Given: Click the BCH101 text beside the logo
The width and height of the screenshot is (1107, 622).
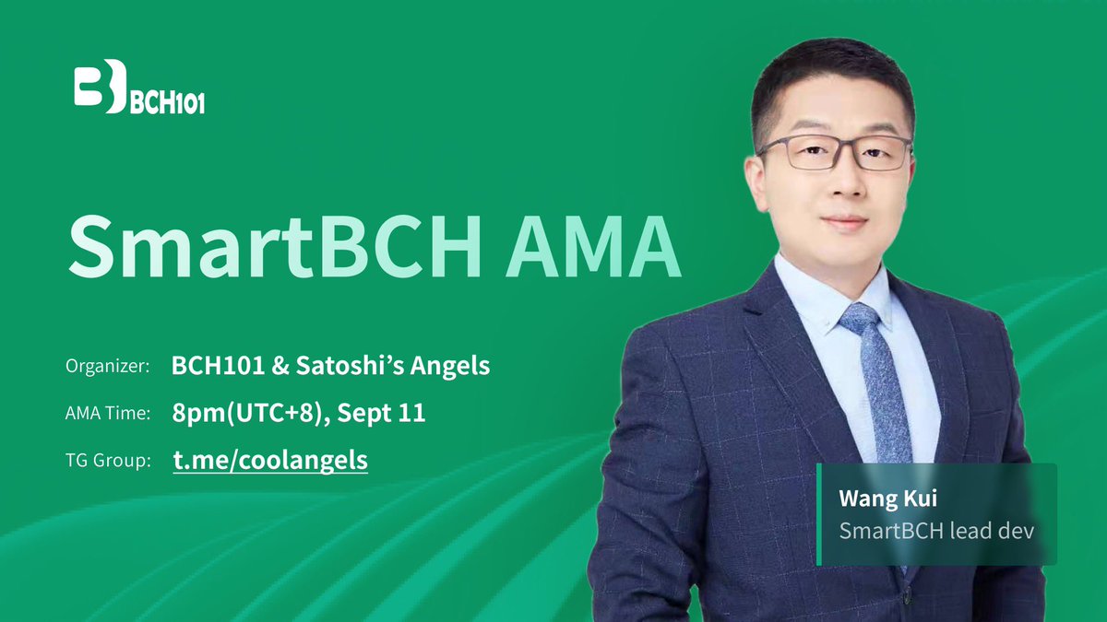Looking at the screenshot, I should [167, 101].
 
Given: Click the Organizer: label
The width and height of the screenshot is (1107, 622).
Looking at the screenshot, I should [108, 367].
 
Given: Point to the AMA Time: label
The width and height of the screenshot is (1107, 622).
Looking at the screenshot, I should [108, 414].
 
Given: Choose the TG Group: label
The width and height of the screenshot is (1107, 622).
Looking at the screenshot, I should [108, 461].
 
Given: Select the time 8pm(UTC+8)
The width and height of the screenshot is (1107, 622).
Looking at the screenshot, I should [249, 413].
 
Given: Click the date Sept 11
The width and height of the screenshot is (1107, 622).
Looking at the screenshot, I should [381, 413].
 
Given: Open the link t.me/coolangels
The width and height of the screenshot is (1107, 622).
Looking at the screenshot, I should [270, 460].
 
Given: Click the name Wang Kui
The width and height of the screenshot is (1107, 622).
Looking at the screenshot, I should [876, 499].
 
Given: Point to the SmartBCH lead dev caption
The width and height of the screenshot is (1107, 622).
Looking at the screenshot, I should [936, 531].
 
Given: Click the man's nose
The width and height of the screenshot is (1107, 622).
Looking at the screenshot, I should [837, 184].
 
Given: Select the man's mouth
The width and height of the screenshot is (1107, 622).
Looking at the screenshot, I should [839, 221].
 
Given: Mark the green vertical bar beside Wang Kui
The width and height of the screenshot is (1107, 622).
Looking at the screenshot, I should [818, 514].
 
